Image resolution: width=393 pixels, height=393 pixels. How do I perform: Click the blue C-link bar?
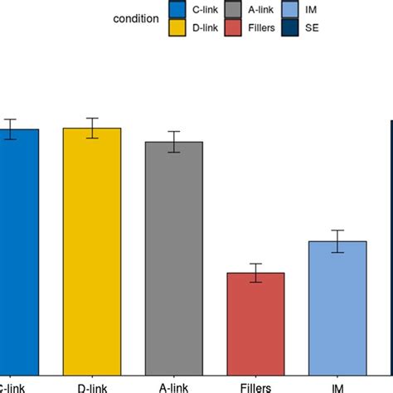tap(18, 249)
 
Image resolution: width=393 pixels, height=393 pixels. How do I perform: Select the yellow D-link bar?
tap(92, 249)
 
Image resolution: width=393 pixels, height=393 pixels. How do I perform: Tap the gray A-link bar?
tap(174, 257)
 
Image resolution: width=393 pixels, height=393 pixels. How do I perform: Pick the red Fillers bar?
tap(256, 323)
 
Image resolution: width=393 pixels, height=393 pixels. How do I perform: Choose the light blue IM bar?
tap(337, 307)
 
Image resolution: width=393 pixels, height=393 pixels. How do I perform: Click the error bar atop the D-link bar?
tap(92, 129)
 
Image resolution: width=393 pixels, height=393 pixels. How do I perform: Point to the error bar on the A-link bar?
tap(174, 142)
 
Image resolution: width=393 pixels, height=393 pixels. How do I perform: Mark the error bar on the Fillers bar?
tap(256, 273)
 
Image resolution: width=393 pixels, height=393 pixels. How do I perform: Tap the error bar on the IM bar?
tap(337, 241)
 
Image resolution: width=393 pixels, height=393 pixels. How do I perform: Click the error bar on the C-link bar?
tap(11, 129)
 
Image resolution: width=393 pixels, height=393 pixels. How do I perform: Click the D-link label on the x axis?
tap(91, 386)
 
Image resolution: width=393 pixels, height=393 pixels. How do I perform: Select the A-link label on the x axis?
tap(174, 386)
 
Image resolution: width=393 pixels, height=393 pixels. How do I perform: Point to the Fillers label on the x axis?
tap(256, 386)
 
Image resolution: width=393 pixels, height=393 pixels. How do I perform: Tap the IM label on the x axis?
tap(337, 387)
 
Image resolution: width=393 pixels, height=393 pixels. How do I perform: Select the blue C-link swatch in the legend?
tap(177, 9)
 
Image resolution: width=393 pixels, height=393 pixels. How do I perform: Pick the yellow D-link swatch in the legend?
tap(177, 28)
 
